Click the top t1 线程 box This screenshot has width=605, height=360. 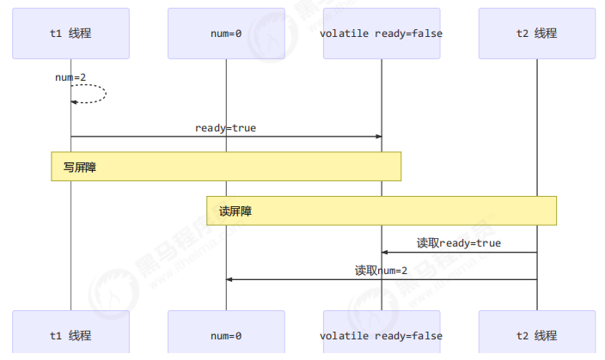[70, 34]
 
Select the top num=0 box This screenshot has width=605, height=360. [226, 34]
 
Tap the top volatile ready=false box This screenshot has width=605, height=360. [381, 34]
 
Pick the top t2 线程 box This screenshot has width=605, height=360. [536, 34]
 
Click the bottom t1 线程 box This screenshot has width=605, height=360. [70, 335]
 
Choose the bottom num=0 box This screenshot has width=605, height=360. [226, 335]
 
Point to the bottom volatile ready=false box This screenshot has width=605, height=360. [381, 335]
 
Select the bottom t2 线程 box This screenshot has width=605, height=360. [536, 335]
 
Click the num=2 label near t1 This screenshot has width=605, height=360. [70, 77]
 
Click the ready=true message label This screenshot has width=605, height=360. [225, 128]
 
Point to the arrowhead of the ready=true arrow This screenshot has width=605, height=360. [378, 137]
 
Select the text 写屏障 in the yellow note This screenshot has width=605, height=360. [80, 167]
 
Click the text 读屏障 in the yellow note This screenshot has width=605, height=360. [235, 211]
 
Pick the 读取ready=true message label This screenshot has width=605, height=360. [459, 243]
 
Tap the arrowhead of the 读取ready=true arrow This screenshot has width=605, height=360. [384, 253]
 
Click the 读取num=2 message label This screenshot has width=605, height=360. [382, 270]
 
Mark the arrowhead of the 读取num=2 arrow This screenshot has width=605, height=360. [229, 279]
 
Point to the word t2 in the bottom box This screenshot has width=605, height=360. [521, 335]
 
